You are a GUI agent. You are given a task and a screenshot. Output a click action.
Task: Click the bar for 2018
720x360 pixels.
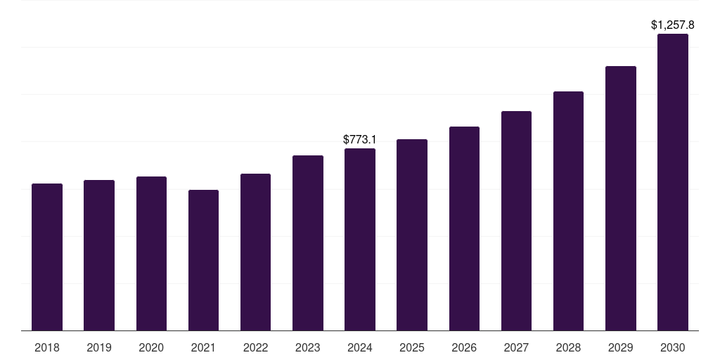47,257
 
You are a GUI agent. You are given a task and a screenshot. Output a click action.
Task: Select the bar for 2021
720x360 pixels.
203,260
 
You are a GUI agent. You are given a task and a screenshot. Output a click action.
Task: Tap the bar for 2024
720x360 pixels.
360,239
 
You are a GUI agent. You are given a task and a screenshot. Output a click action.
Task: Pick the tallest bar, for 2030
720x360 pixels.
673,182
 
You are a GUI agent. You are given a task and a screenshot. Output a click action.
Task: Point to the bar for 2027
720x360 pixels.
516,221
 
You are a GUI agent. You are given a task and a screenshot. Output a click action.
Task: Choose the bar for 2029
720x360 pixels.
620,198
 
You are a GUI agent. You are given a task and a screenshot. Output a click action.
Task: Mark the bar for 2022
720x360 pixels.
255,252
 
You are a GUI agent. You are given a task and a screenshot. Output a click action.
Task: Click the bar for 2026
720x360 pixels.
464,229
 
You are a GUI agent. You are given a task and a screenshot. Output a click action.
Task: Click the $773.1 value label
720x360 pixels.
360,139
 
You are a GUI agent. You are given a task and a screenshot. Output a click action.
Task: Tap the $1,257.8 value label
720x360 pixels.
673,25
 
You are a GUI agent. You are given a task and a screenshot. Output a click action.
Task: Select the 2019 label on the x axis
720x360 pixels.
99,347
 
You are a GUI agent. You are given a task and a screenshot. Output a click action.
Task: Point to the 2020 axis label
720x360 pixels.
151,347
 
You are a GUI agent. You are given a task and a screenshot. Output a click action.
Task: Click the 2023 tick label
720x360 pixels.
308,347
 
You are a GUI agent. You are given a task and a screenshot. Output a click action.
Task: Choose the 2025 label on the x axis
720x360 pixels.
412,347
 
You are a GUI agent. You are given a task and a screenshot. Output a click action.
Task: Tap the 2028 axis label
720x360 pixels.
568,347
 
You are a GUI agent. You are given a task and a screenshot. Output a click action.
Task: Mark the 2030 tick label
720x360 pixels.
673,347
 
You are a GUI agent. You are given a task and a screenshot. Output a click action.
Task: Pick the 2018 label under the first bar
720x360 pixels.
47,347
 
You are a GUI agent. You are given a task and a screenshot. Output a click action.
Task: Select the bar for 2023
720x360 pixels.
308,243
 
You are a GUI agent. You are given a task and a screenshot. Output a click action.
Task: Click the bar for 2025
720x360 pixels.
412,235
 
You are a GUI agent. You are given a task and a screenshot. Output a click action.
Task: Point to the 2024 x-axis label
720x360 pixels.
360,347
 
